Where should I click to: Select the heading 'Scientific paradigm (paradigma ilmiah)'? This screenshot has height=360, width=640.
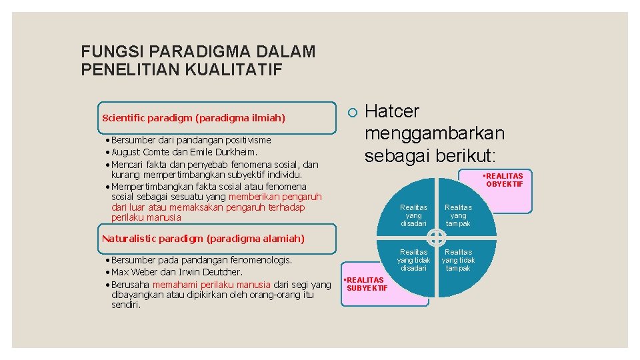click(x=193, y=119)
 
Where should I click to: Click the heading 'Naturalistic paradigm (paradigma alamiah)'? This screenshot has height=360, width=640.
click(x=203, y=239)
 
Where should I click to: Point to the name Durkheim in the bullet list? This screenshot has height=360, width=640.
click(x=237, y=152)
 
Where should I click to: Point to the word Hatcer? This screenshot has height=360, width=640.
click(x=393, y=111)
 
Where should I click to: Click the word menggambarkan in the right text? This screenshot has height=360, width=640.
click(x=434, y=133)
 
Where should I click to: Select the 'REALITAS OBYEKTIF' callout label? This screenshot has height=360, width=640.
click(x=504, y=180)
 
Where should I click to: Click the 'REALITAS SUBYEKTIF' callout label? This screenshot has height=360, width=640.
click(x=365, y=283)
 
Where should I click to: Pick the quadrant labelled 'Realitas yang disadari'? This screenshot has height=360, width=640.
click(x=413, y=215)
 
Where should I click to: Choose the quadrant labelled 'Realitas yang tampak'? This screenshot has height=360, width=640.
click(x=458, y=215)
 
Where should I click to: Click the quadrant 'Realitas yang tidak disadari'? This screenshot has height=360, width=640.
click(x=413, y=260)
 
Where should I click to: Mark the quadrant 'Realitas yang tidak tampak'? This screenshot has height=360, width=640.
click(x=458, y=260)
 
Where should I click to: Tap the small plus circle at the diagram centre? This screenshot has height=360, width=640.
click(x=436, y=237)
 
